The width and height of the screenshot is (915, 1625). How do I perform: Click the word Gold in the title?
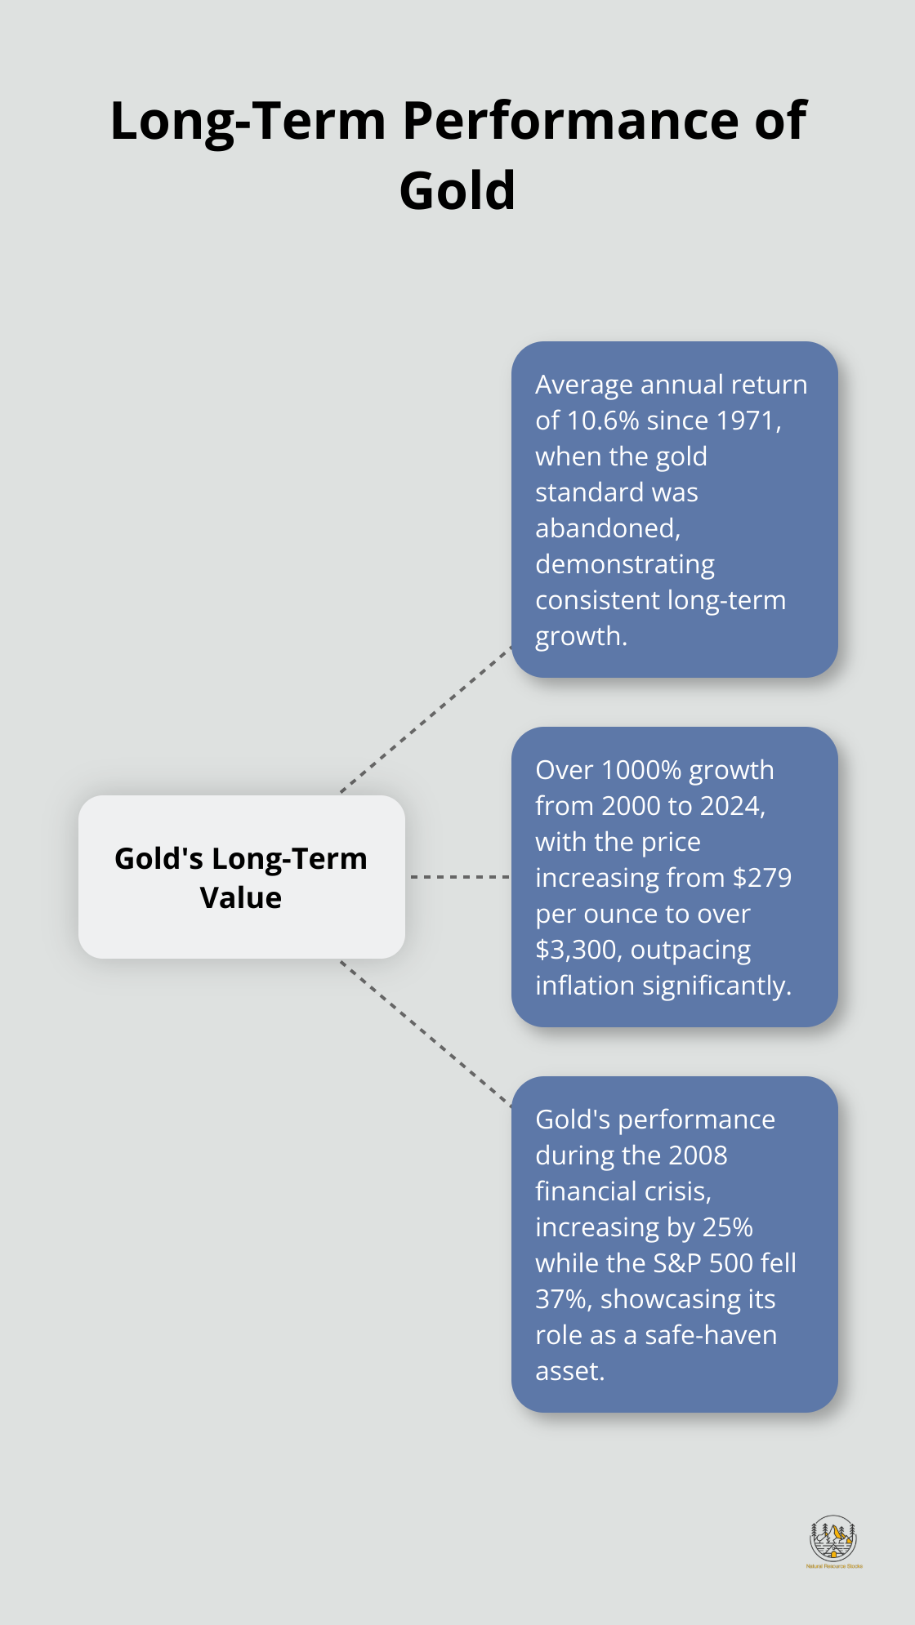[x=457, y=190]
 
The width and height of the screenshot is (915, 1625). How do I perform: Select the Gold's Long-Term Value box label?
[x=241, y=877]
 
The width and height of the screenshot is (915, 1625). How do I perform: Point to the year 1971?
[x=748, y=421]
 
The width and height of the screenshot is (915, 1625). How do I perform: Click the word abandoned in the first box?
[x=607, y=528]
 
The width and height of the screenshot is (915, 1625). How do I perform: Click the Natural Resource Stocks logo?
[x=833, y=1540]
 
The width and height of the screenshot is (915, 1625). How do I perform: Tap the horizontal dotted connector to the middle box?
[x=459, y=877]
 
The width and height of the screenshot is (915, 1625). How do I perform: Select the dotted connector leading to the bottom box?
[x=425, y=1034]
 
